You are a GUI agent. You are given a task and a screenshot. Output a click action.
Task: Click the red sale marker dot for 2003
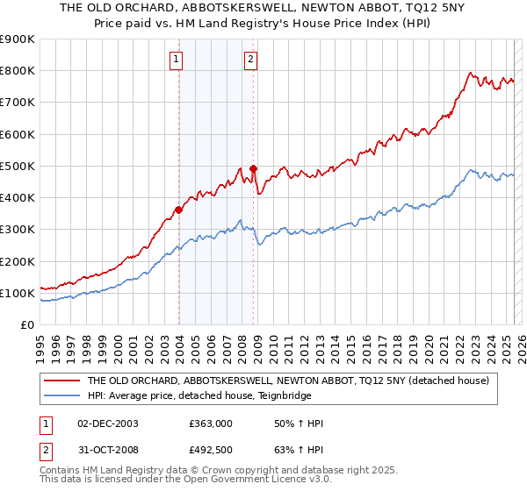(x=178, y=210)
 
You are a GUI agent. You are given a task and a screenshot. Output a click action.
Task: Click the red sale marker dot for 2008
(x=254, y=168)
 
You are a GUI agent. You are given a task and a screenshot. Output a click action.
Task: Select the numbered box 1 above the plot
(x=177, y=60)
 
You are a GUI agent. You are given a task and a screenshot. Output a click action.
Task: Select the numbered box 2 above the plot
(x=250, y=60)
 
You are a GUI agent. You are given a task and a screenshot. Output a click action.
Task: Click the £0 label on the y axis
(x=27, y=325)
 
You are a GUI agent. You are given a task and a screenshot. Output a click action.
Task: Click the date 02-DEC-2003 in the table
(x=108, y=423)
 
